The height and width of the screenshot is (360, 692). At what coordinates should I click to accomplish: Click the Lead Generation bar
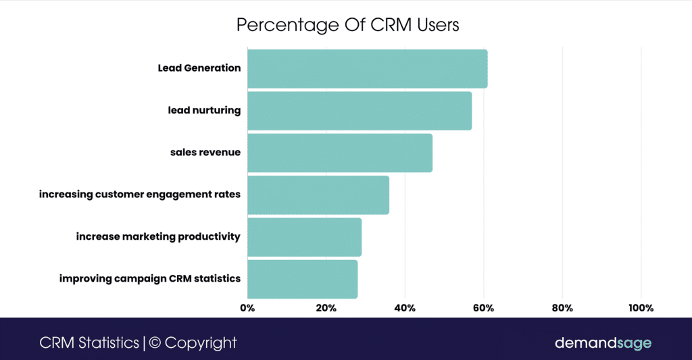[x=367, y=68]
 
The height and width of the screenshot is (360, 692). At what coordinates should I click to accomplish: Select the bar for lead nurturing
[x=360, y=111]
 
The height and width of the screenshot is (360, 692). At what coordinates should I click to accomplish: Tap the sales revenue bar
[x=340, y=153]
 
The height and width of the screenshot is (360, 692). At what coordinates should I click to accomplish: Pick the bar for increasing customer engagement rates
[x=318, y=195]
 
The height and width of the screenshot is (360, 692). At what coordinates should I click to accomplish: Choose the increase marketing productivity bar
[x=304, y=237]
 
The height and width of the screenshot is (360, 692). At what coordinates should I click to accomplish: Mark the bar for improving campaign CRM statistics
[x=302, y=279]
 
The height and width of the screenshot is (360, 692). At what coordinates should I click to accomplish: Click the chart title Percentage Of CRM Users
[x=347, y=25]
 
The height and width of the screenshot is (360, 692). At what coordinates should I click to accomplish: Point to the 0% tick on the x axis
[x=247, y=309]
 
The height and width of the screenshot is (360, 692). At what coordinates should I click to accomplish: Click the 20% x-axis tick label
[x=326, y=309]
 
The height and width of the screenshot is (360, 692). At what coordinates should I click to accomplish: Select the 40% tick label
[x=405, y=309]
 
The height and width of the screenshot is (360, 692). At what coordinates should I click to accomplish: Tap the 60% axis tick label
[x=483, y=309]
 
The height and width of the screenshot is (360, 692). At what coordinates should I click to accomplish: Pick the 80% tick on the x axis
[x=562, y=309]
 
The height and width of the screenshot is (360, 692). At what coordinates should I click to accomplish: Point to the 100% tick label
[x=641, y=309]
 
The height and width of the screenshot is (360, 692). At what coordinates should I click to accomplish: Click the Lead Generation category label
[x=199, y=68]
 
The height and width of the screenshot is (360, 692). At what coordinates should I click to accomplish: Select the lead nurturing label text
[x=204, y=111]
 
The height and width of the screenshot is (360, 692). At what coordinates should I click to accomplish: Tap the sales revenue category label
[x=205, y=153]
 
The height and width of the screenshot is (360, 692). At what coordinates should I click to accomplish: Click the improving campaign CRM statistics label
[x=149, y=279]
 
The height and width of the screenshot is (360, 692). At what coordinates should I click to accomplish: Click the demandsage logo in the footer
[x=603, y=343]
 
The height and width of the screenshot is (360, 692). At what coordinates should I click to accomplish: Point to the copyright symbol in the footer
[x=155, y=342]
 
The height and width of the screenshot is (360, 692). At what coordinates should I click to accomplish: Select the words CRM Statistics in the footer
[x=89, y=342]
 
